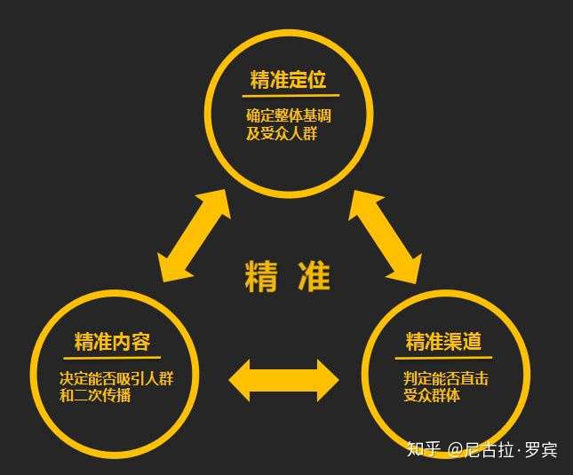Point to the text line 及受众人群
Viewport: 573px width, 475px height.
click(x=282, y=134)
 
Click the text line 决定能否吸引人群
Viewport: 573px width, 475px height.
click(x=116, y=378)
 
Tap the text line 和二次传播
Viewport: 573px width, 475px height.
click(x=95, y=396)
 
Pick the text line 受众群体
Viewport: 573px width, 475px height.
click(x=432, y=396)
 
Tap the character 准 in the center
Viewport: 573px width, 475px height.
click(x=314, y=278)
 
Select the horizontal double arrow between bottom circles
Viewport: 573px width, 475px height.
click(x=283, y=380)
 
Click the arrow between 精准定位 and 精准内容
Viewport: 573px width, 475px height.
click(x=195, y=235)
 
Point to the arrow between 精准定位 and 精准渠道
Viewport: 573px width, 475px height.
click(x=384, y=235)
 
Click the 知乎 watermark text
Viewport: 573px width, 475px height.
click(x=423, y=449)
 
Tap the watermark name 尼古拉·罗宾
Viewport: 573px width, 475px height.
click(x=514, y=449)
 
